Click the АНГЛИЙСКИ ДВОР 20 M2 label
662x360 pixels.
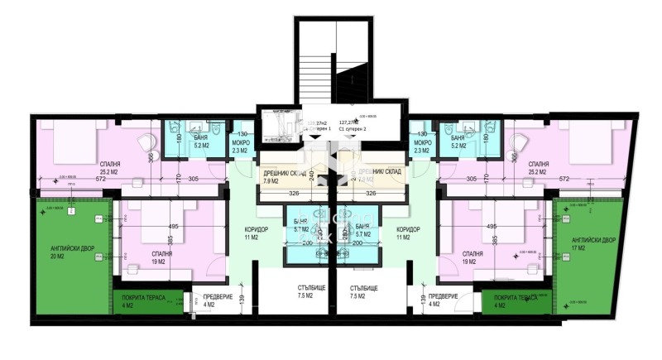click(57, 251)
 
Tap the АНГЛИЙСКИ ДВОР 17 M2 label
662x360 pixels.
click(593, 243)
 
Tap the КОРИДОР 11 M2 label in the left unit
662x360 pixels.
click(251, 233)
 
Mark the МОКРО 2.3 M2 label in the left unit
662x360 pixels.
click(240, 146)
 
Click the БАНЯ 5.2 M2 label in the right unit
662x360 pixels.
click(458, 142)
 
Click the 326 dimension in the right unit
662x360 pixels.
click(371, 194)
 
